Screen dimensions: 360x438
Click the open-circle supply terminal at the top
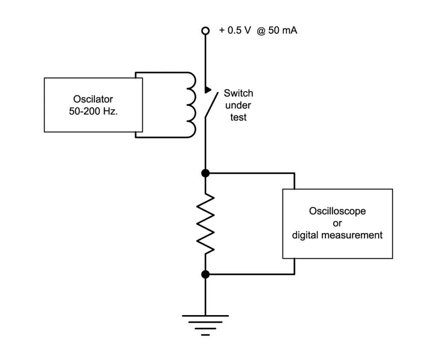coord(205,31)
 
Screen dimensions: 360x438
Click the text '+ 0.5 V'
coord(235,31)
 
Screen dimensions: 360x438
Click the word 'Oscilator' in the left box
coord(93,100)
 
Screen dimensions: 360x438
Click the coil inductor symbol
coord(190,105)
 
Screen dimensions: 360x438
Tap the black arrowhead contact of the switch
coord(208,90)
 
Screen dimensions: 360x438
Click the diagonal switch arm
coord(210,105)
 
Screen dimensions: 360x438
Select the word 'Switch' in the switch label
coord(238,94)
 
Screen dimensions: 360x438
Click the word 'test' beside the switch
coord(238,117)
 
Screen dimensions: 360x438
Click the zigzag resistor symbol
coord(205,223)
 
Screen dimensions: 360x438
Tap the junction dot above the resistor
coord(205,173)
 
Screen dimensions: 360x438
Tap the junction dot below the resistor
coord(205,274)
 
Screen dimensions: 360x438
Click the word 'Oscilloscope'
coord(337,212)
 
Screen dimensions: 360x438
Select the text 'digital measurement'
coord(337,235)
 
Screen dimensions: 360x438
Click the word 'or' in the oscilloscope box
coord(337,223)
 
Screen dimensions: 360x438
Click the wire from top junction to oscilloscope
coord(252,173)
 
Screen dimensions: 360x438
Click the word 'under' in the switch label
coord(238,105)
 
